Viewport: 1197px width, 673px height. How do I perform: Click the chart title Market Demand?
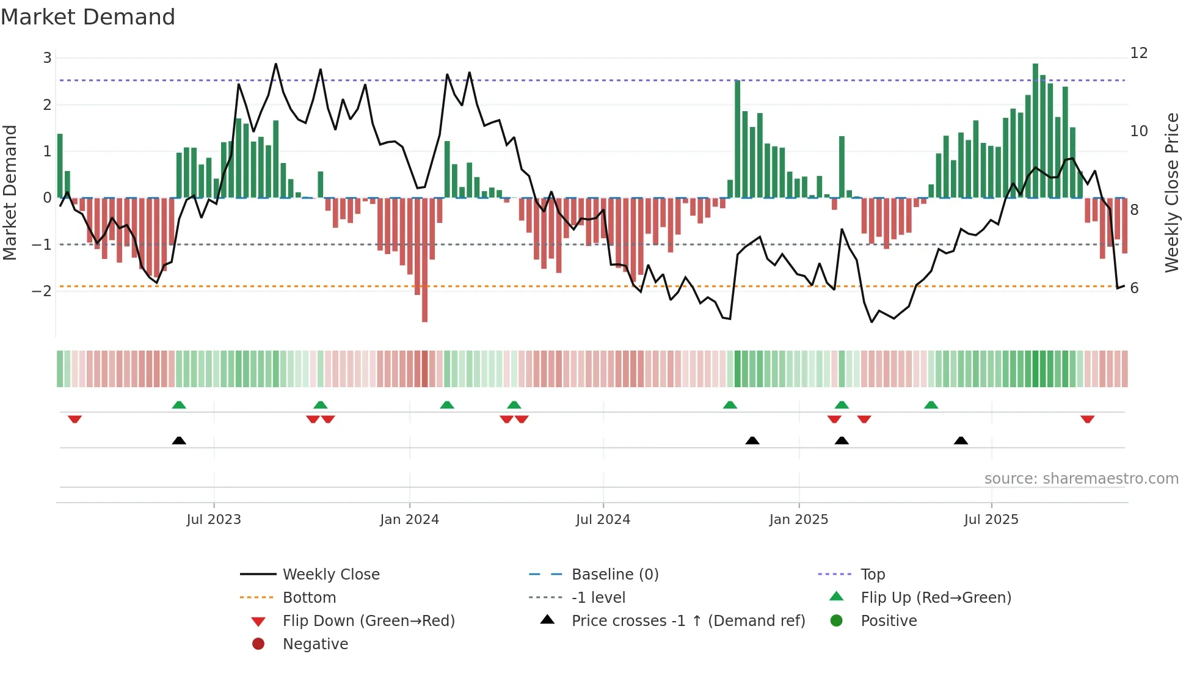coord(88,17)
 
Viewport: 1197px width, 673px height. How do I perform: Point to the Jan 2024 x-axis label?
coord(409,519)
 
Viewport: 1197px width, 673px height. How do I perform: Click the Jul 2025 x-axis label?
coord(991,519)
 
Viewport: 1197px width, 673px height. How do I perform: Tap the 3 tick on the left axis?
coord(47,58)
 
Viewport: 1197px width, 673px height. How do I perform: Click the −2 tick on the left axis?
coord(42,291)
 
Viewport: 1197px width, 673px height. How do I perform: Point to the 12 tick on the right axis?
coord(1139,53)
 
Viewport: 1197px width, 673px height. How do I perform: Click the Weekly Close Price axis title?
coord(1171,192)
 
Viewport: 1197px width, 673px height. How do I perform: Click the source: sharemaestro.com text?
coord(1081,478)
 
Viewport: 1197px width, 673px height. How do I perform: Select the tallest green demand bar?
coord(1035,131)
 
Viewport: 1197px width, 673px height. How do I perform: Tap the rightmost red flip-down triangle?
coord(1087,419)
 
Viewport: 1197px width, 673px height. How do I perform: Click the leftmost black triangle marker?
coord(179,440)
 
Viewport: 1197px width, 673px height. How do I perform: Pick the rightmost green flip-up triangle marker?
coord(931,405)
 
